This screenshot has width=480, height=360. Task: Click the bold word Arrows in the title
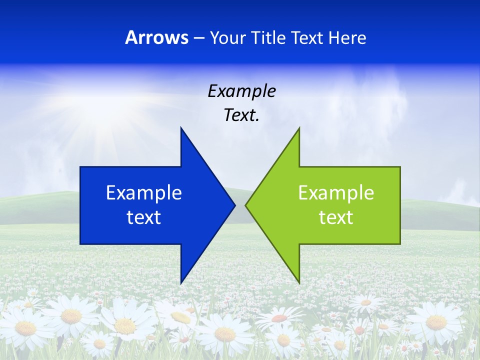pos(156,37)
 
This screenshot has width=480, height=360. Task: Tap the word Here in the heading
pos(347,37)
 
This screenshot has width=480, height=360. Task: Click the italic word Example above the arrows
pos(241,91)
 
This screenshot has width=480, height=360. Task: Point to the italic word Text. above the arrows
pos(241,115)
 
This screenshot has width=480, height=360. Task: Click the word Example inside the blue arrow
pos(144,193)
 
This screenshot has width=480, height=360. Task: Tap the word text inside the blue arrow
pos(144,217)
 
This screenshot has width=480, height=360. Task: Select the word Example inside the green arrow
pos(336,193)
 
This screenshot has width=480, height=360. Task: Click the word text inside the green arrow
pos(336,217)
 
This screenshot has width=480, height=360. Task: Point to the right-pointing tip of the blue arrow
pos(234,205)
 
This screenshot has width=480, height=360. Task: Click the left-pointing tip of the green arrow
pos(246,205)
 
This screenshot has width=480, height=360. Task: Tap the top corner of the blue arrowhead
pos(181,128)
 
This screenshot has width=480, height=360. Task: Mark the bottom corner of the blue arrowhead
pos(181,283)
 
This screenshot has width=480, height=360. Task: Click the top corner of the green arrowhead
pos(299,128)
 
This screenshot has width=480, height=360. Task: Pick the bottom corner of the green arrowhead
pos(299,283)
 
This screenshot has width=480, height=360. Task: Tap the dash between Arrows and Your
pos(198,38)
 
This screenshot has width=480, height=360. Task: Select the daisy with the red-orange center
pos(280,318)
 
